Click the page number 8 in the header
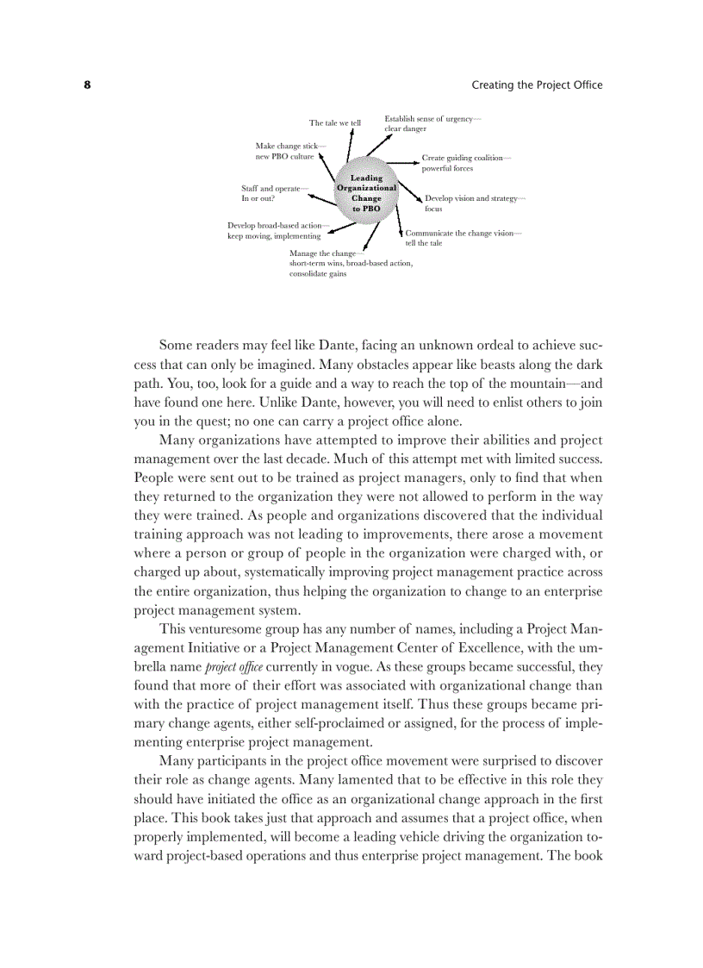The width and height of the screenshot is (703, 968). pos(87,85)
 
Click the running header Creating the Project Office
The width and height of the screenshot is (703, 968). pos(537,85)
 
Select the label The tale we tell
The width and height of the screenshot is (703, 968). pos(334,123)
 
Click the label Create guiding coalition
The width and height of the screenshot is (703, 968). pos(465,163)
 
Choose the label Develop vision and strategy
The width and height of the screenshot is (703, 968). pos(474,203)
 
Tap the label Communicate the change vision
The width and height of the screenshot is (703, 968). pos(463,238)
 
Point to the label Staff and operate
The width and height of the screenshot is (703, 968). pos(275,192)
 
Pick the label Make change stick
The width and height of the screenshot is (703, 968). pos(289,151)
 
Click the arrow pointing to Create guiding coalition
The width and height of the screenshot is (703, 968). pos(401,161)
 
